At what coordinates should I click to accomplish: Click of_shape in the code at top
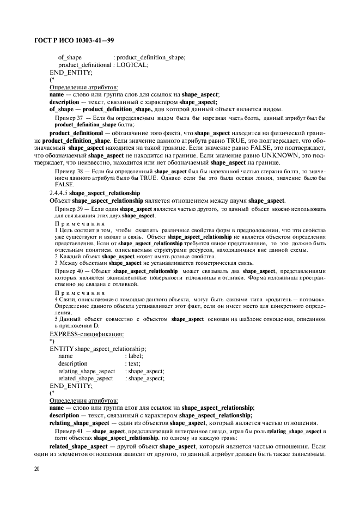pyautogui.click(x=70, y=57)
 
